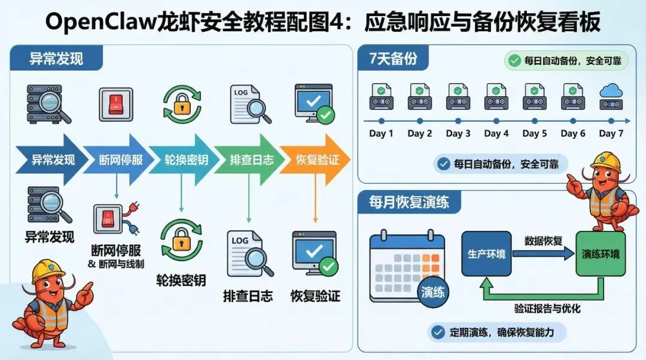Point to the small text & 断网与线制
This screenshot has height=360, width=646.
pos(116,264)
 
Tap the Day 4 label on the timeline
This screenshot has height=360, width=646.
pos(496,133)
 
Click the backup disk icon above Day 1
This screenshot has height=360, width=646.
pos(382,96)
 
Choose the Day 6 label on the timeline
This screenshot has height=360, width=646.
pos(573,133)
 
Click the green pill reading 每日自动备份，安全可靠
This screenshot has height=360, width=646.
pos(566,60)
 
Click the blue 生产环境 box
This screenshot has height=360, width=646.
pos(486,254)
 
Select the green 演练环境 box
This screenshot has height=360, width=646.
pos(601,254)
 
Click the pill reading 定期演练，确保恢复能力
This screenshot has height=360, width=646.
pos(498,332)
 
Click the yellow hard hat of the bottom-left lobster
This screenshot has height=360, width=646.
pos(48,269)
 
